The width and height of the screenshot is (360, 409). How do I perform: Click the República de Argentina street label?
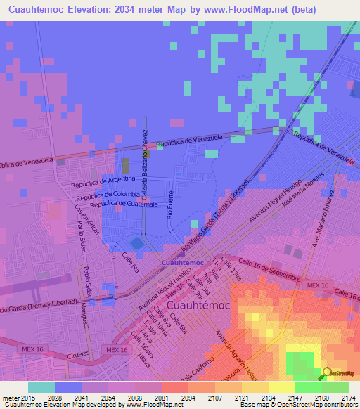pos(103,183)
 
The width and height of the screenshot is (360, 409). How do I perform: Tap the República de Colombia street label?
pos(108,195)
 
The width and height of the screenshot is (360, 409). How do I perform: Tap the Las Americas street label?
pos(88,223)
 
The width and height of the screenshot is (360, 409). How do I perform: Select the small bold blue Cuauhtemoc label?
pos(183,263)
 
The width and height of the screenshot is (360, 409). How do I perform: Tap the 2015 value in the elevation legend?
pos(20,398)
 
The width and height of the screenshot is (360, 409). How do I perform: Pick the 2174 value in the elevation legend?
pos(349,398)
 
